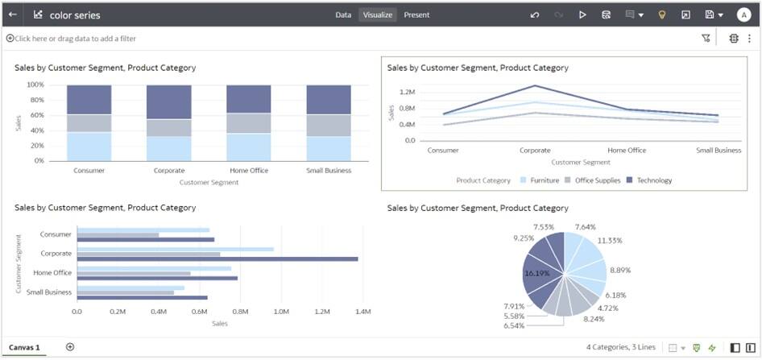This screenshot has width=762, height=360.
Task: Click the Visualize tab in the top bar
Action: (378, 14)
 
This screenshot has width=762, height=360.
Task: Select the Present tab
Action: (416, 14)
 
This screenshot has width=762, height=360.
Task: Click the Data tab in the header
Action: (343, 14)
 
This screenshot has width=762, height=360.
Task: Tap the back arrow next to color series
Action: (13, 14)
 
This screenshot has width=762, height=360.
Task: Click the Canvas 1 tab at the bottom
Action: (24, 347)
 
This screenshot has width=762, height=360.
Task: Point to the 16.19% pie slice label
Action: (536, 274)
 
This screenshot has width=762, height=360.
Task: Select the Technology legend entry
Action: (654, 180)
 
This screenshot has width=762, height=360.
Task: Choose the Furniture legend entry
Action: (544, 180)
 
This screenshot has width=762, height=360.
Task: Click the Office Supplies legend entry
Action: (597, 180)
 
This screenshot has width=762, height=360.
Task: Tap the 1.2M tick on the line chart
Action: (407, 93)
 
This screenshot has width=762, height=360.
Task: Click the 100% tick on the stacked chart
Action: (35, 85)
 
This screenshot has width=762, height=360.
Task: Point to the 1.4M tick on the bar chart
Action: (362, 311)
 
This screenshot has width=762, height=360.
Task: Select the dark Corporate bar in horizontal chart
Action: (217, 259)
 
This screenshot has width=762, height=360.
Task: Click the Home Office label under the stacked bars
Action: (248, 170)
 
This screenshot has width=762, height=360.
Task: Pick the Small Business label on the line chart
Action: (718, 150)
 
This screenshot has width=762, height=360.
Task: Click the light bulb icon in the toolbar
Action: (662, 14)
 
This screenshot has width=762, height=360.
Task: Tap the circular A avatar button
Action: (743, 14)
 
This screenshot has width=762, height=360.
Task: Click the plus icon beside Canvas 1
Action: (70, 347)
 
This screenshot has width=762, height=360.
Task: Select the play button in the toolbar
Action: (582, 14)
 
